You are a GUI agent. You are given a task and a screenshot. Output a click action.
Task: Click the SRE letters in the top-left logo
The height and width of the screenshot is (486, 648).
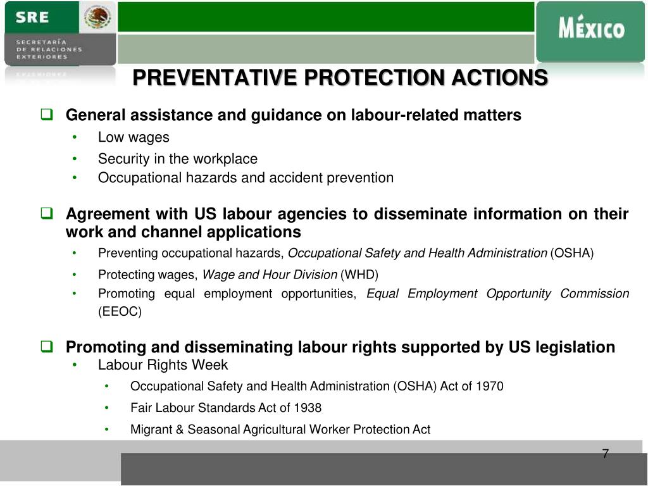click(32, 18)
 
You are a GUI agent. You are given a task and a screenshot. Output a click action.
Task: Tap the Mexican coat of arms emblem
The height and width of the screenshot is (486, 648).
click(98, 17)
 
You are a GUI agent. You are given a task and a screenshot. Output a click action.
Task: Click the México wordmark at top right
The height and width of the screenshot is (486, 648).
click(591, 29)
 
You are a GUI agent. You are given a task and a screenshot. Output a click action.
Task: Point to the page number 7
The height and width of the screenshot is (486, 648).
click(605, 454)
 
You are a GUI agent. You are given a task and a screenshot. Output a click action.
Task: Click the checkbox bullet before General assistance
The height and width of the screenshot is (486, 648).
click(46, 115)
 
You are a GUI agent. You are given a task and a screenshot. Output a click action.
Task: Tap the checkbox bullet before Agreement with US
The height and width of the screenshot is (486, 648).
click(46, 214)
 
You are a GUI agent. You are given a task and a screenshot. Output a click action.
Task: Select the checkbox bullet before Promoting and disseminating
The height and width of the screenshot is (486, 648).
click(46, 347)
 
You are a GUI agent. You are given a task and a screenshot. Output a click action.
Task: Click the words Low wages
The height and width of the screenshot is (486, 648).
click(134, 137)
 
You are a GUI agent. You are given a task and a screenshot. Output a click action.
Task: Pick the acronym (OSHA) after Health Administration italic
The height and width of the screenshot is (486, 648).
click(572, 253)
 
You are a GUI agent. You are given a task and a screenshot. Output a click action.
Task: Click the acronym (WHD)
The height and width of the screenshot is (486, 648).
click(359, 275)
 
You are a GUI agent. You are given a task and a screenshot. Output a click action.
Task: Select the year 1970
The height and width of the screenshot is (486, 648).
click(490, 386)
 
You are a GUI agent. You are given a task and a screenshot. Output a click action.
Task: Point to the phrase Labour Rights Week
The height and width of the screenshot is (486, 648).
click(163, 365)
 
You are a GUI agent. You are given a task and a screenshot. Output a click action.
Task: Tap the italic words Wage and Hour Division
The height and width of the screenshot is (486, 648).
click(270, 275)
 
